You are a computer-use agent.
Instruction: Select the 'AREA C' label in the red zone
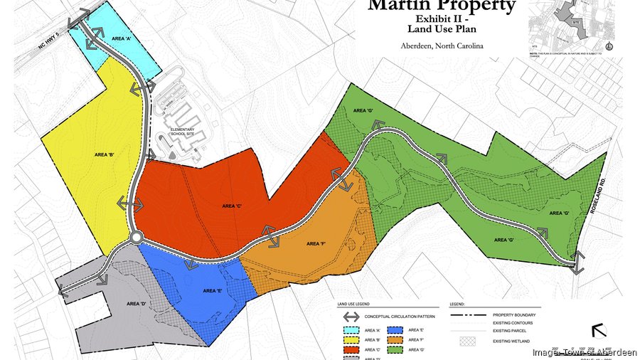233,206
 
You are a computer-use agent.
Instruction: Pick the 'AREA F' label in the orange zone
316,243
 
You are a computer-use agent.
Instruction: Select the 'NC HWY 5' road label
50,51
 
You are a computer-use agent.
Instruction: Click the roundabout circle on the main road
137,237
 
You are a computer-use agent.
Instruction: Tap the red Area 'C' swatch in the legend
350,350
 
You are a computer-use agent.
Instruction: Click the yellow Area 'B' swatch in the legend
350,340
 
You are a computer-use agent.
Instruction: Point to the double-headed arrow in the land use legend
350,317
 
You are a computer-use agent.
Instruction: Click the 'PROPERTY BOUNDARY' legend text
516,314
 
